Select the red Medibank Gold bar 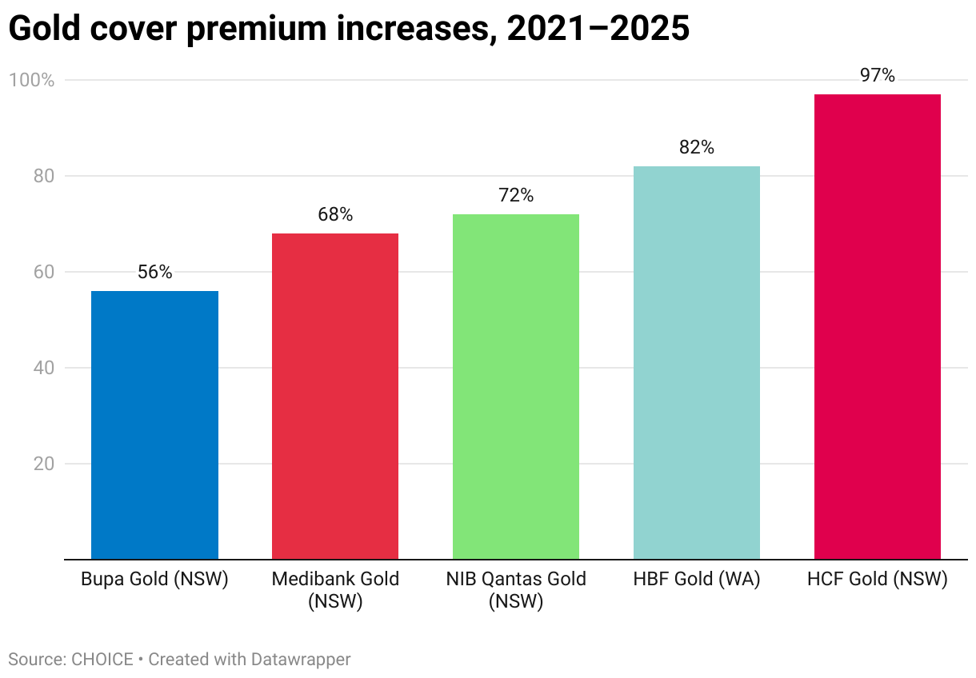point(335,397)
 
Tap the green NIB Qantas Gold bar point(516,387)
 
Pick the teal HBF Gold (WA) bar point(697,363)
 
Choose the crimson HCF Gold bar point(878,327)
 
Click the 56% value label point(154,272)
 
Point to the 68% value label point(335,214)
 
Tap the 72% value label point(516,195)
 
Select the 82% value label point(697,147)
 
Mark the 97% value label point(878,76)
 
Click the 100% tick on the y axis point(31,80)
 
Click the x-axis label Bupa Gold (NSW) point(154,579)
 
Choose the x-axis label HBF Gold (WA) point(697,579)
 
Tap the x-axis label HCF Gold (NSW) point(878,579)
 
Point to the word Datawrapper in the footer point(301,660)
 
